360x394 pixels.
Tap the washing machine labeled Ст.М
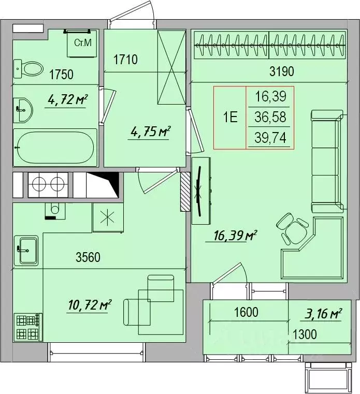(82, 43)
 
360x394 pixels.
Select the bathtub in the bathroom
(55, 148)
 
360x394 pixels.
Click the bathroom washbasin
(23, 110)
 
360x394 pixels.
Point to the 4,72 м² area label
(67, 100)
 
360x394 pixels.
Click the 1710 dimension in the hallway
(125, 60)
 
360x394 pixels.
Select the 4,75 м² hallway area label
(150, 132)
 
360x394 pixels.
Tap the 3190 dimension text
(282, 71)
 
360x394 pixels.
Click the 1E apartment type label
(231, 117)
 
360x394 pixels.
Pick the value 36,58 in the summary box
(270, 117)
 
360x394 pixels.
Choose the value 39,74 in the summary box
(270, 138)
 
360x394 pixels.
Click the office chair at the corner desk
(292, 228)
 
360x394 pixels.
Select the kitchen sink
(26, 251)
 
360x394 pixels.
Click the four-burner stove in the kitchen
(28, 327)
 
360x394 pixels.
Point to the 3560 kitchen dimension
(88, 257)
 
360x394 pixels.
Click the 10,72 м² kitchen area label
(90, 305)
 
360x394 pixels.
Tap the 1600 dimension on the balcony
(246, 312)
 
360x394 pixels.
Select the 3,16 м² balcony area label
(323, 314)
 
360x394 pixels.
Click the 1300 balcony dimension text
(305, 334)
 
